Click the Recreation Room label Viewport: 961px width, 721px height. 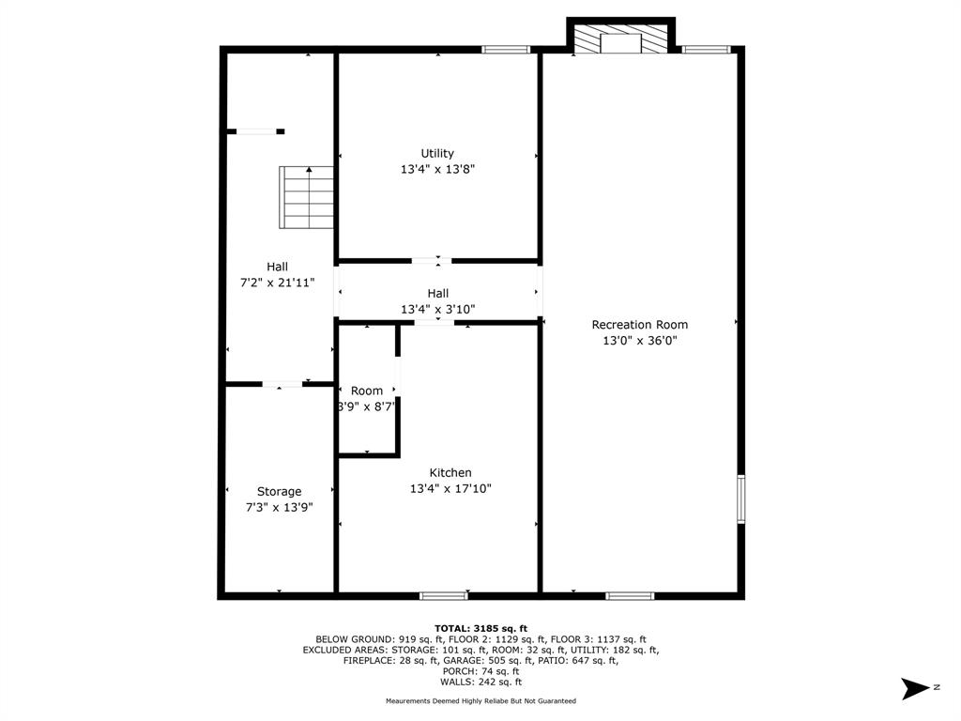point(639,325)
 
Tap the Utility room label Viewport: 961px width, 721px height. point(437,153)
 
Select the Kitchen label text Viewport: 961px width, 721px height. point(450,473)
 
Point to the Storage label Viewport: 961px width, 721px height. point(279,492)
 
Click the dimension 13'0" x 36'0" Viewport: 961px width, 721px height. point(640,341)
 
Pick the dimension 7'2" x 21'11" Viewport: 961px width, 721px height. point(277,283)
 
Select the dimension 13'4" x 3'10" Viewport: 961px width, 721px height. point(437,310)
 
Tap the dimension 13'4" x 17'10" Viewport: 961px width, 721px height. point(450,488)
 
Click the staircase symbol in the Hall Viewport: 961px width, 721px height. point(307,197)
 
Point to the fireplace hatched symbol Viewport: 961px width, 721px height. point(620,38)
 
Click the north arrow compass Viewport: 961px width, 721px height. point(916,688)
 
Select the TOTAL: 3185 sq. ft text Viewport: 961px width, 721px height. point(480,628)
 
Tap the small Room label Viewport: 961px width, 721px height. point(367,391)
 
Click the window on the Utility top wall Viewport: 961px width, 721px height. point(506,50)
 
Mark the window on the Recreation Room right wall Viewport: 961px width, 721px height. point(741,499)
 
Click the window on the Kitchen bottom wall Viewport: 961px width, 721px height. point(444,595)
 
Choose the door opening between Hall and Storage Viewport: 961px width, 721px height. point(282,384)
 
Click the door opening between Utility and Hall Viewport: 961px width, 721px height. point(432,261)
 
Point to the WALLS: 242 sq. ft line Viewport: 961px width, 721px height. point(480,682)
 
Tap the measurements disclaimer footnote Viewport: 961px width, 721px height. point(480,700)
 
